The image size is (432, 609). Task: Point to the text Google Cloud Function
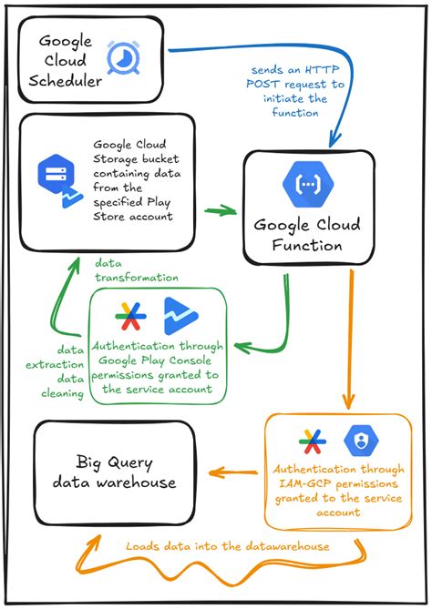coord(306,235)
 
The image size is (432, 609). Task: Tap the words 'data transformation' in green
coord(136,270)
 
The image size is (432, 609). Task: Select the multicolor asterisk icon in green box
coord(130,317)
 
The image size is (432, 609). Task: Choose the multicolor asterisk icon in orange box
coord(313,442)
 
